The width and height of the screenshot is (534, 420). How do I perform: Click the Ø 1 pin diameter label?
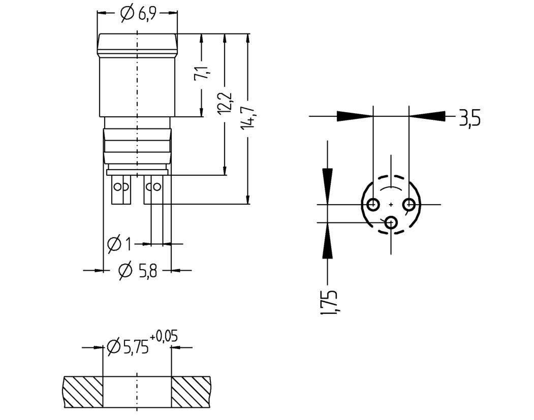pos(119,244)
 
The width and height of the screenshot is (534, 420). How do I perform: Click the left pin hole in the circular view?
pos(372,205)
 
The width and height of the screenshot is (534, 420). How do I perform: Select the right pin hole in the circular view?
pos(409,205)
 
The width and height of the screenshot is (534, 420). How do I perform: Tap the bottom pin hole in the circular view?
pos(391,222)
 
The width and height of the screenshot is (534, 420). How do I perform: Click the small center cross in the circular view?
pos(391,205)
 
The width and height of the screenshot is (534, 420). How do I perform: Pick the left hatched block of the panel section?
pos(83,392)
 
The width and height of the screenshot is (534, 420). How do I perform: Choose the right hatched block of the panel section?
pos(191,392)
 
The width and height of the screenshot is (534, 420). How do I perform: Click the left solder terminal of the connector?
pos(121,189)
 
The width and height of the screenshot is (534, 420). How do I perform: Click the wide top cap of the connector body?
pos(137,45)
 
